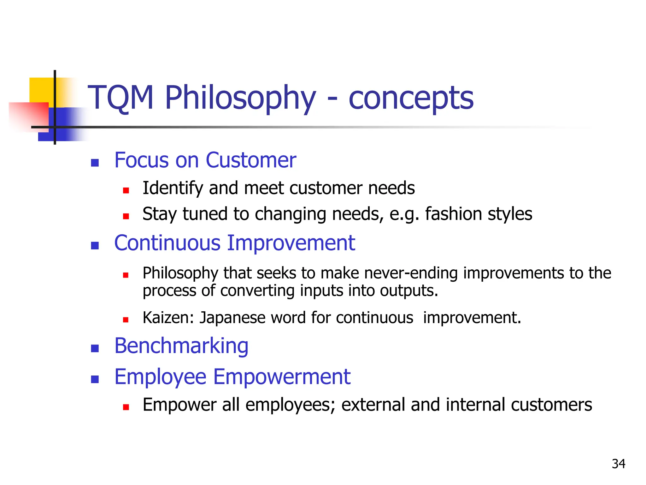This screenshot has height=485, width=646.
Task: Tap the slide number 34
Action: (x=618, y=464)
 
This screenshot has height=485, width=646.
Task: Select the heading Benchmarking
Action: (x=181, y=346)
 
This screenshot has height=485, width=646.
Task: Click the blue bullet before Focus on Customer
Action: (x=95, y=163)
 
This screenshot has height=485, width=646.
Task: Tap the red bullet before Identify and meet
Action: (x=126, y=190)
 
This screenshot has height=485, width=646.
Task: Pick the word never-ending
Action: (x=411, y=273)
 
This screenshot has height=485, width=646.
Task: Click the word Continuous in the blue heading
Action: (x=167, y=243)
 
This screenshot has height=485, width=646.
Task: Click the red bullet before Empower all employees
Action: (x=126, y=407)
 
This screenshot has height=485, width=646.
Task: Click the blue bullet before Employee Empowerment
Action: (x=95, y=379)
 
